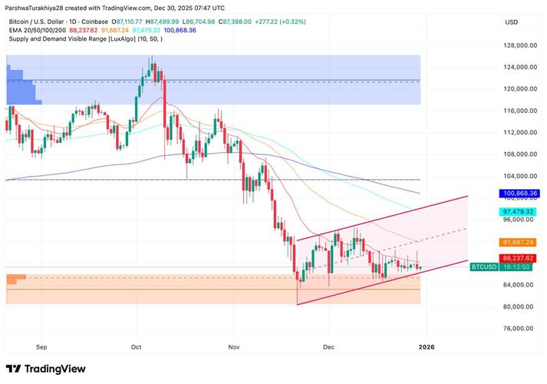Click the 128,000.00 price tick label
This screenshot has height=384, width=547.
[520, 45]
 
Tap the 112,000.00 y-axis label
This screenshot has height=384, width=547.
[520, 132]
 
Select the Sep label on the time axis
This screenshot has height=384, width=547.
[41, 347]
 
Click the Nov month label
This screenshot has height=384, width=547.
[234, 347]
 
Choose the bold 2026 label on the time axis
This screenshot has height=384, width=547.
[427, 347]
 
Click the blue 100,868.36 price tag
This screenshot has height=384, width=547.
[519, 193]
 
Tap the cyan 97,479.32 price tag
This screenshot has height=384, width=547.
[518, 212]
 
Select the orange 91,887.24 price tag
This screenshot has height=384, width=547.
[518, 242]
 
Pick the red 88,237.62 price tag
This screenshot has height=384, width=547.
[518, 258]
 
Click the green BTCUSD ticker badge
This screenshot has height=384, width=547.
[484, 267]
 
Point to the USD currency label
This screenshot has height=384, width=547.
[512, 22]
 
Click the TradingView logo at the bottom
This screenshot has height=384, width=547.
[46, 369]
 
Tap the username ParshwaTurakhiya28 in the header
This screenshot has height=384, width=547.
[35, 8]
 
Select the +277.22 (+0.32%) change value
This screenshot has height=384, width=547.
[281, 22]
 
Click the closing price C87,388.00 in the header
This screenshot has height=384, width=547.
[235, 22]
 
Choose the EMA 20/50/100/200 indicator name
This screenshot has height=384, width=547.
[38, 31]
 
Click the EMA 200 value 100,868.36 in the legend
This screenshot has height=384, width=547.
[180, 31]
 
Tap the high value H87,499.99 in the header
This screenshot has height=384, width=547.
[162, 22]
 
